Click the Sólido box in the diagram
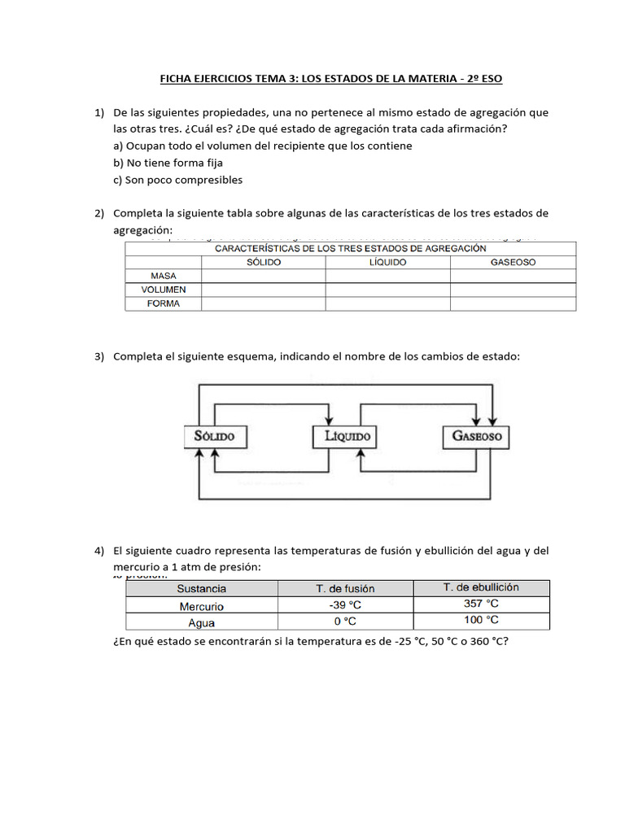pyautogui.click(x=215, y=437)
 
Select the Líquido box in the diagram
pyautogui.click(x=342, y=437)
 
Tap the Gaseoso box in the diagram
pyautogui.click(x=477, y=437)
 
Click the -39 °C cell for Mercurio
pyautogui.click(x=345, y=605)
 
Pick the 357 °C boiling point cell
pyautogui.click(x=481, y=604)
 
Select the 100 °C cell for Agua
pyautogui.click(x=481, y=621)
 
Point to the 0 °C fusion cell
pyautogui.click(x=345, y=621)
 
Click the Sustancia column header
pyautogui.click(x=201, y=588)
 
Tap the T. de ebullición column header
pyautogui.click(x=481, y=587)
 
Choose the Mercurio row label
pyautogui.click(x=201, y=606)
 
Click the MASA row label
pyautogui.click(x=164, y=276)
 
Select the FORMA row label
pyautogui.click(x=164, y=303)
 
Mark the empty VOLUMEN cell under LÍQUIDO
pyautogui.click(x=387, y=290)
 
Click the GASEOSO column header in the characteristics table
pyautogui.click(x=513, y=262)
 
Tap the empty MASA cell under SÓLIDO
pyautogui.click(x=263, y=276)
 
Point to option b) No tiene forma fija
pyautogui.click(x=157, y=163)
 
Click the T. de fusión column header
pyautogui.click(x=345, y=588)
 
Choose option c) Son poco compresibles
pyautogui.click(x=177, y=180)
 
